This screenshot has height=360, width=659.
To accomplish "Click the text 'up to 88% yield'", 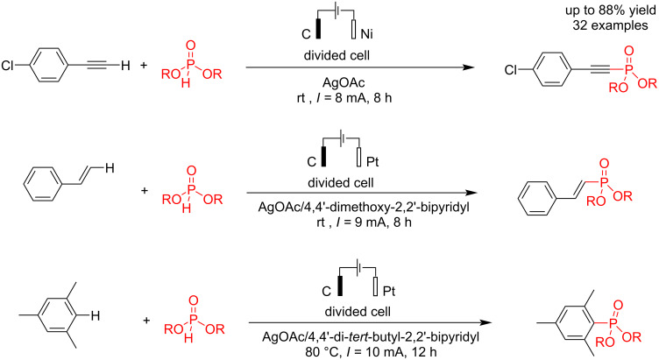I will [605, 11].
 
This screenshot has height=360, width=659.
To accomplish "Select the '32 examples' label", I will [605, 26].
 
